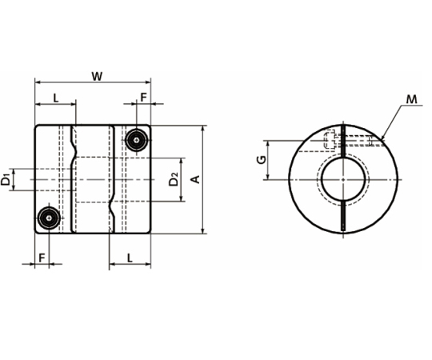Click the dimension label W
97,76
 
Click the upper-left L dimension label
56,98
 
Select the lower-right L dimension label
130,258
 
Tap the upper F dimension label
143,98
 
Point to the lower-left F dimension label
42,258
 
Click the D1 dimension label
6,179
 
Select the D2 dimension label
174,179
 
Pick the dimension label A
195,179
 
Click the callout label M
412,99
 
